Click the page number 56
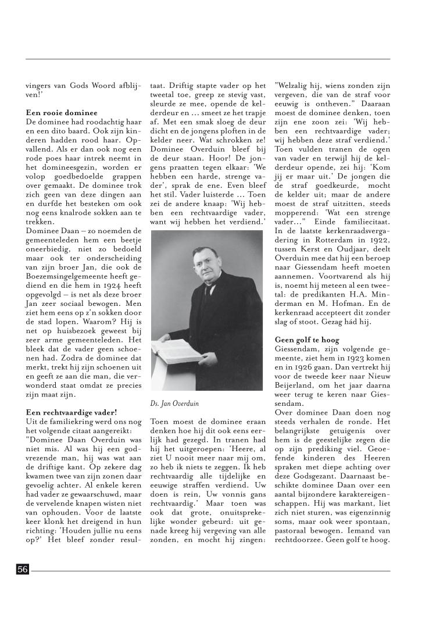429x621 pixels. pos(23,570)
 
